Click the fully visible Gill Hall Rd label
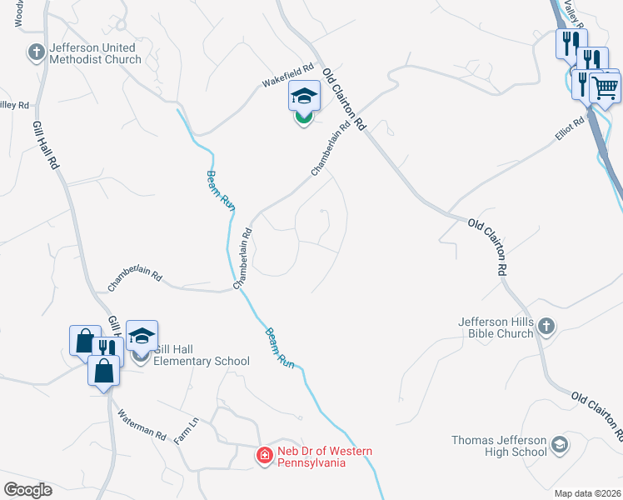click(x=47, y=146)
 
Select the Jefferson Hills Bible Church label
click(x=496, y=327)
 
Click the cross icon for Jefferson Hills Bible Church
click(x=546, y=327)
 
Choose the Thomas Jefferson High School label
click(x=499, y=446)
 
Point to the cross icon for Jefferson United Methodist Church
click(x=36, y=52)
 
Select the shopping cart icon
click(x=606, y=87)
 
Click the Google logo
click(x=27, y=489)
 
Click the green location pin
click(x=304, y=117)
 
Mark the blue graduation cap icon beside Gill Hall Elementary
click(x=142, y=335)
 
